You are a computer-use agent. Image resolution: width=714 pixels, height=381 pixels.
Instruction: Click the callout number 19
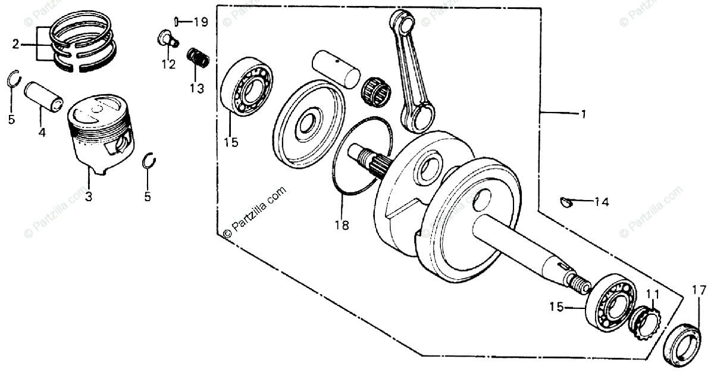click(201, 23)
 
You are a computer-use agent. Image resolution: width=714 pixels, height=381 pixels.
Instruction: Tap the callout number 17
click(699, 291)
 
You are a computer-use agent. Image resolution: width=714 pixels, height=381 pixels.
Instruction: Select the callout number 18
click(342, 226)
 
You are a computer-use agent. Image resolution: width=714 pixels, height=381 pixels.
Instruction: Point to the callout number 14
click(601, 202)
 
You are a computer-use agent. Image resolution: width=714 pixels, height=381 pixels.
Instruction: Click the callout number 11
click(653, 293)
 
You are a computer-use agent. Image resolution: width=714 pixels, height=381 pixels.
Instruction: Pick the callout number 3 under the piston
click(88, 196)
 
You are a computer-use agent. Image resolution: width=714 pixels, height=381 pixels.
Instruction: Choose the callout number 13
click(196, 89)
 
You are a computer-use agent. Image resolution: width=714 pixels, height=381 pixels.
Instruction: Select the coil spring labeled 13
click(199, 58)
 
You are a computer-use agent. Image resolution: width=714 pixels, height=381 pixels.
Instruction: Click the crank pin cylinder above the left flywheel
click(336, 68)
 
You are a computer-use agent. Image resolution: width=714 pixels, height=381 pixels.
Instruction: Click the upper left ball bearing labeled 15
click(247, 86)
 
